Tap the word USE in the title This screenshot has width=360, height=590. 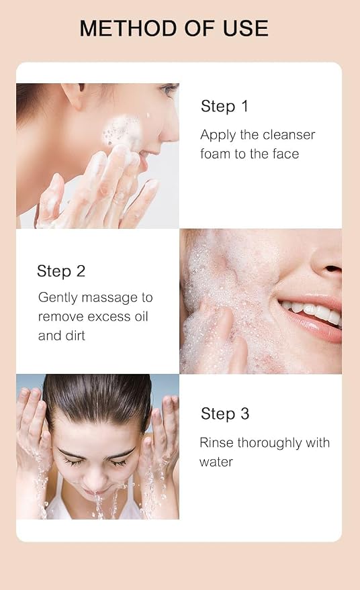tap(246, 29)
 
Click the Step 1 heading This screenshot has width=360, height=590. tap(224, 106)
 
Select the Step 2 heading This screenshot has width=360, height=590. tap(61, 271)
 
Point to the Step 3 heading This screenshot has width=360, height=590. tap(225, 413)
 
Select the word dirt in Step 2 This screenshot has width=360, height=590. tap(75, 335)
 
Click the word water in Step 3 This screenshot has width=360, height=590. tap(216, 462)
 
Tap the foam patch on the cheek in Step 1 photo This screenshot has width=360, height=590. tap(122, 131)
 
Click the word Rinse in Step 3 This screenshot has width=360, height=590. tap(217, 442)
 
